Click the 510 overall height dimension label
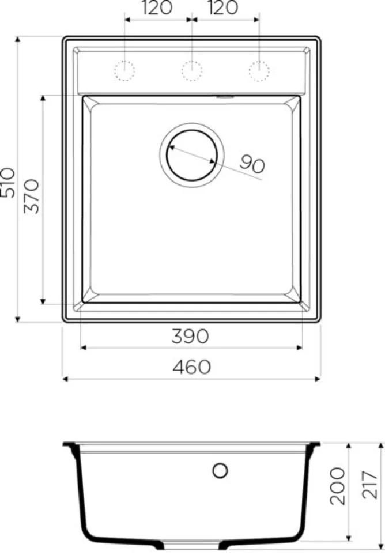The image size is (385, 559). tap(8, 183)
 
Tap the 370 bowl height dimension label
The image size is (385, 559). tap(32, 196)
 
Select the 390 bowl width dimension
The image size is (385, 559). tap(190, 336)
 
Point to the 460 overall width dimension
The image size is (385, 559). tap(191, 367)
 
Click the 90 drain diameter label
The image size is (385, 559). tap(252, 164)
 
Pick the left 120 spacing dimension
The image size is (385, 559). tap(157, 8)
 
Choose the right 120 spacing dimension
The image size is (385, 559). tap(223, 8)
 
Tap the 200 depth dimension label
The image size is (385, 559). tap(337, 486)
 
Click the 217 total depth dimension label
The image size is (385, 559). tap(369, 485)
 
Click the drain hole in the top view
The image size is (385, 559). tap(192, 155)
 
